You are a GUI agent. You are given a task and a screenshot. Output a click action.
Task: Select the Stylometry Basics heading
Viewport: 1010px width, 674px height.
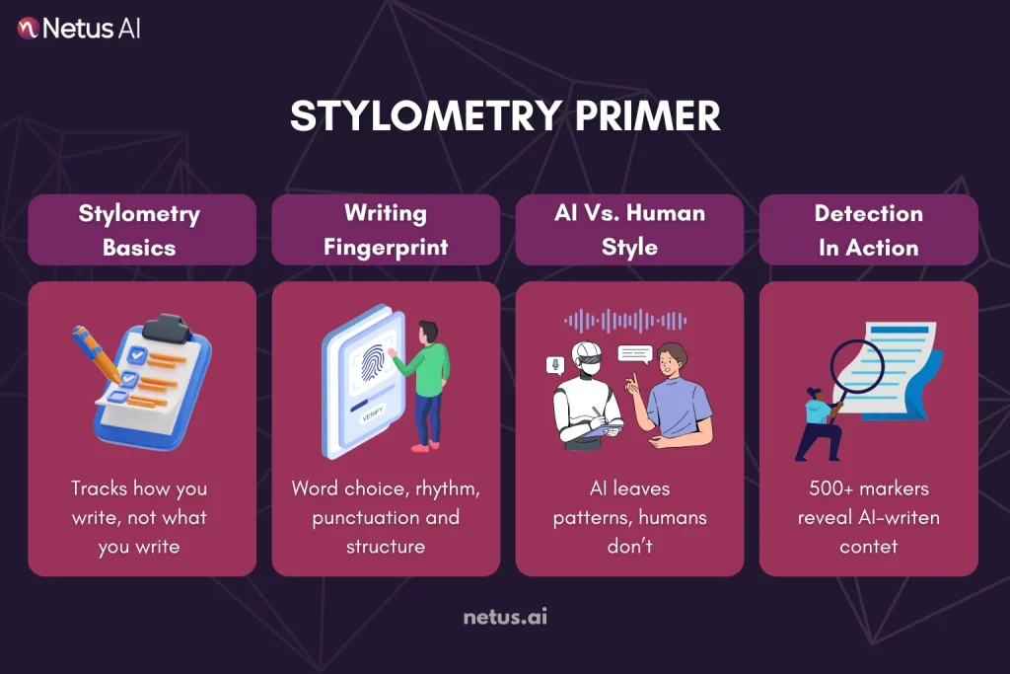click(139, 230)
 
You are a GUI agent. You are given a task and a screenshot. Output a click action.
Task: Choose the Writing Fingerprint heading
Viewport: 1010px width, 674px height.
click(385, 230)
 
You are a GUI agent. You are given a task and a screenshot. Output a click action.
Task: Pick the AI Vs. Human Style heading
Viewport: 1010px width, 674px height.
click(629, 230)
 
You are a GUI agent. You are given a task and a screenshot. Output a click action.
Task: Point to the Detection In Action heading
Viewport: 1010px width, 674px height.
click(868, 230)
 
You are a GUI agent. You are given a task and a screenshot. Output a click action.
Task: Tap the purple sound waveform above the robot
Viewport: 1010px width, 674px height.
click(625, 320)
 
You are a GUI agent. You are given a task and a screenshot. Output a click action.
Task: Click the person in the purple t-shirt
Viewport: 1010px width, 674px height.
click(674, 395)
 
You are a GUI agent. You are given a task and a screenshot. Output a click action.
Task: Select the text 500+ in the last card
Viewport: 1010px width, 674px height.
click(826, 488)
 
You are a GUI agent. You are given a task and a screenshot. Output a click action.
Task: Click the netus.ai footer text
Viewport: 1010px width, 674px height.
click(505, 618)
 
